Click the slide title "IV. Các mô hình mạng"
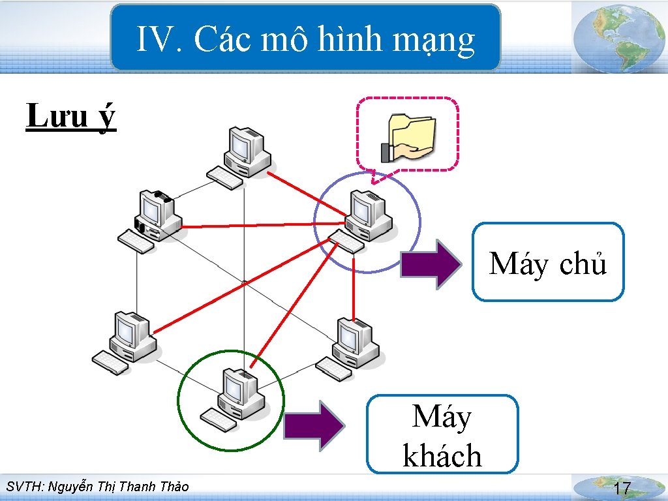point(305,39)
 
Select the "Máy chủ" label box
point(548,262)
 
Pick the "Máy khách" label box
point(442,434)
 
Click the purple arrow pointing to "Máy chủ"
point(431,264)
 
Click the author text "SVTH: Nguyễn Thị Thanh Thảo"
point(97,487)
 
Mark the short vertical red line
point(354,287)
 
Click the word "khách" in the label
point(442,456)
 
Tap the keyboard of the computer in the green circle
point(219,420)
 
